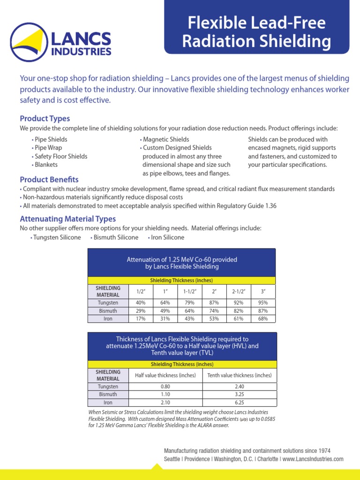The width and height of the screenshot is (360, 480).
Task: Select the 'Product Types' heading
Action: point(45,118)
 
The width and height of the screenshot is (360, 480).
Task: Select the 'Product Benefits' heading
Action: point(49,180)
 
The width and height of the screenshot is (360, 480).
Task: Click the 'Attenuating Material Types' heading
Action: point(67,219)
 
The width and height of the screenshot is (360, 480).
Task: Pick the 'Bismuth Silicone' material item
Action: point(115,237)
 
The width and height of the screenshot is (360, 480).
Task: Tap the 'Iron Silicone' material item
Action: point(166,237)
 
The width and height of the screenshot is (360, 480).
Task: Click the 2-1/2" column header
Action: point(239,291)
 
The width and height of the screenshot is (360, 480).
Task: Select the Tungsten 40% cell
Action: point(140,303)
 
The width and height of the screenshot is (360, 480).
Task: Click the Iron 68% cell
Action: point(263,319)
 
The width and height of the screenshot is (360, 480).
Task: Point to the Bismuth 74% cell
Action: point(214,311)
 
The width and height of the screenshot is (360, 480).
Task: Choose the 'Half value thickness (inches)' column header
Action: point(165,375)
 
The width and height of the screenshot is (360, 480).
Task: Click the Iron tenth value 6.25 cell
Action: point(239,402)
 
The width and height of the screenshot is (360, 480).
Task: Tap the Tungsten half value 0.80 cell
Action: point(165,387)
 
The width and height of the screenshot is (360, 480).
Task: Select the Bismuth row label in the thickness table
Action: point(108,394)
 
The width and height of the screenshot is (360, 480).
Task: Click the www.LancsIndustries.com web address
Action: point(313,459)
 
